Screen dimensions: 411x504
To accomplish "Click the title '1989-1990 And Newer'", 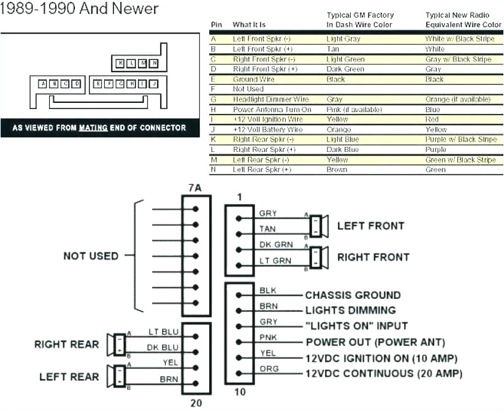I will tap(79, 9).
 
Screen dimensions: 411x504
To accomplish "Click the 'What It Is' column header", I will tap(249, 25).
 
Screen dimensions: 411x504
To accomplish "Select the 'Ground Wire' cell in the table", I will tap(253, 79).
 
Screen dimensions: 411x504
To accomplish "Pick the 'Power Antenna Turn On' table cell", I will tap(272, 110).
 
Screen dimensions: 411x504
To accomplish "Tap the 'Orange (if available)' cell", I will tap(457, 99).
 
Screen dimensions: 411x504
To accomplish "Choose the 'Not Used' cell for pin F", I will tap(248, 89).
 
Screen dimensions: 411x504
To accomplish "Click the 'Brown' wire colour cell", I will tap(337, 170).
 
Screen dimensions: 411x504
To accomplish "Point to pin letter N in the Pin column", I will tap(213, 170).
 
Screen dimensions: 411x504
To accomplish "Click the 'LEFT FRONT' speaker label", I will tap(370, 226).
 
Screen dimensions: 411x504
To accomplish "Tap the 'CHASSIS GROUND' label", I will tap(353, 295).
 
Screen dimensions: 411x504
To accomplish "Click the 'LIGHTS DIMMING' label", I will tap(350, 311).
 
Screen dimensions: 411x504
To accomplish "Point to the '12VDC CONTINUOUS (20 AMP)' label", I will tap(383, 374).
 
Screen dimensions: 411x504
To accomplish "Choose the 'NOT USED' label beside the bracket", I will tap(91, 256).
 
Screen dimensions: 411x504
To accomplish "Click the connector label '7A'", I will tap(194, 188).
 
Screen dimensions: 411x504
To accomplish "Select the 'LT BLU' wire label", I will tap(164, 331).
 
